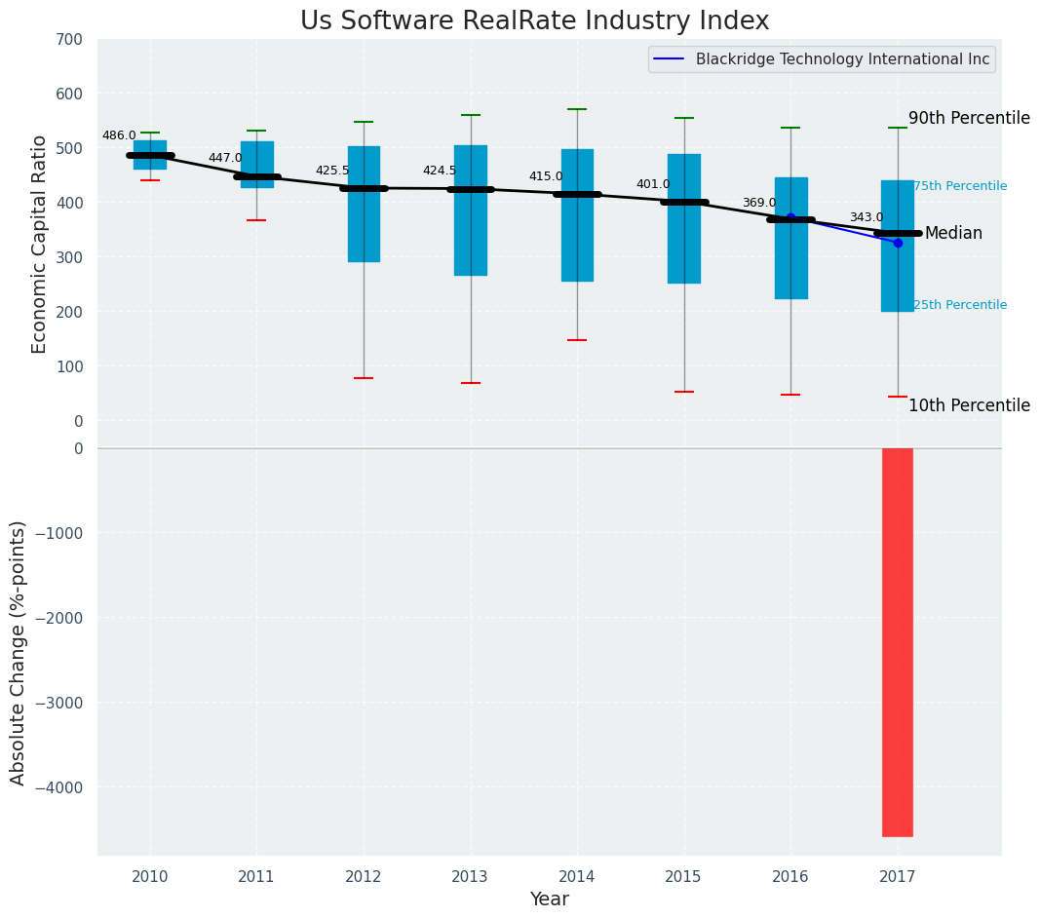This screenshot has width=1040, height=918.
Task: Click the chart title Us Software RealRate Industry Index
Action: [534, 21]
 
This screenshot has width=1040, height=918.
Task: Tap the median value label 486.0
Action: [119, 135]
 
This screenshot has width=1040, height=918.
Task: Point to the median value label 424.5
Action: [440, 171]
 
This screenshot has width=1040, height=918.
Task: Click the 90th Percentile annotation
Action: [969, 118]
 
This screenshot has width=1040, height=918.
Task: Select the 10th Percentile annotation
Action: [969, 405]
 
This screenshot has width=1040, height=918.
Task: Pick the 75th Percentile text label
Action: [960, 186]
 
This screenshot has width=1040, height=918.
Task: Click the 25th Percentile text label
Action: [960, 305]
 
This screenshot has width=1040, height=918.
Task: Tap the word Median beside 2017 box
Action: [953, 234]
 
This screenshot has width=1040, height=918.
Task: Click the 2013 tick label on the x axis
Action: [470, 877]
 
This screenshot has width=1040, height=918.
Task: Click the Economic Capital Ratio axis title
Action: [40, 244]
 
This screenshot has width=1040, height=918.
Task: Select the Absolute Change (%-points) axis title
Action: [19, 652]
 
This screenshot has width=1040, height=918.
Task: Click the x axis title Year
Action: [550, 899]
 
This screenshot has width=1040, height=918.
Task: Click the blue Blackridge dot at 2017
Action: [898, 243]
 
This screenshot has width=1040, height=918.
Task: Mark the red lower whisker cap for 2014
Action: [577, 340]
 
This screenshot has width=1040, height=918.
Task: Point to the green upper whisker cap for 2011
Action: [256, 131]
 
